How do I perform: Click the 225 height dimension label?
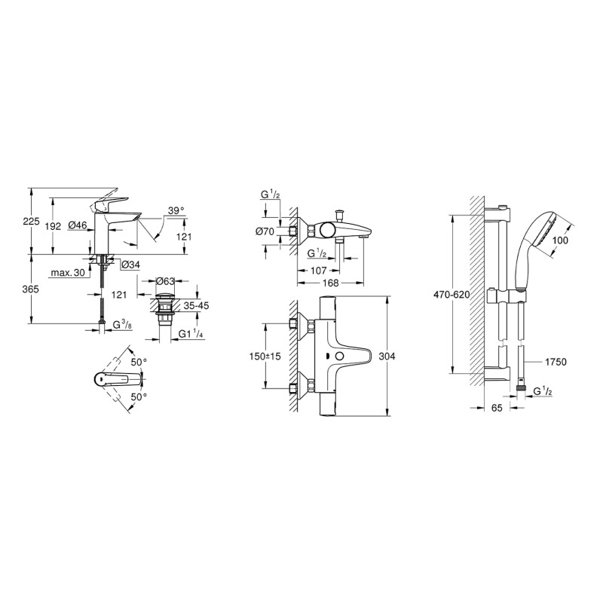coord(32,221)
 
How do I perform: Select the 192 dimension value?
coord(53,226)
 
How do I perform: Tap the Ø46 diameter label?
coord(78,225)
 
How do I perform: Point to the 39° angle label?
coord(176,210)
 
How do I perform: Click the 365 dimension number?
coord(30,289)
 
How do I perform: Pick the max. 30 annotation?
coord(68,273)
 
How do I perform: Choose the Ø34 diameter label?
coord(130,265)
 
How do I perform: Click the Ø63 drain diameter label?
coord(166,281)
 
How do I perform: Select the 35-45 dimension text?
coord(196,306)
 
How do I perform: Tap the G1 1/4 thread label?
coord(191,334)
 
